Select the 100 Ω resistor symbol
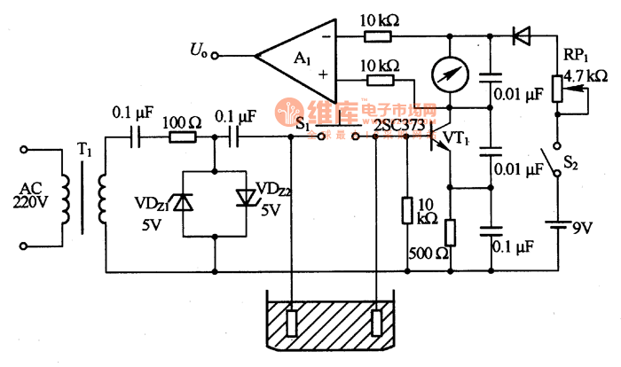(x=183, y=137)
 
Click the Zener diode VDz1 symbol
(x=182, y=203)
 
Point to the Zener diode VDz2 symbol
(x=245, y=197)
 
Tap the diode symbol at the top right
(x=522, y=36)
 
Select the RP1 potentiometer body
(x=557, y=88)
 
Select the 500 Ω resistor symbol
(x=450, y=232)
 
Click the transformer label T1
(x=84, y=152)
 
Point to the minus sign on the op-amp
(x=327, y=37)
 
